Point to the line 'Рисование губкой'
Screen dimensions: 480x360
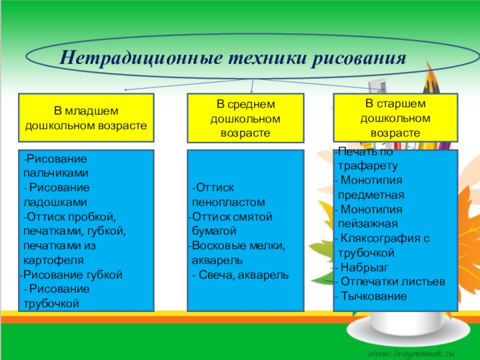[73, 275]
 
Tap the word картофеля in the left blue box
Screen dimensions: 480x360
[53, 260]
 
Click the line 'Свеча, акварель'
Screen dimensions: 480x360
[240, 275]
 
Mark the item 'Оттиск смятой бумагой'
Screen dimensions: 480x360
[232, 224]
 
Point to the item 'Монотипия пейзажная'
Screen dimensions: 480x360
[369, 217]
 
